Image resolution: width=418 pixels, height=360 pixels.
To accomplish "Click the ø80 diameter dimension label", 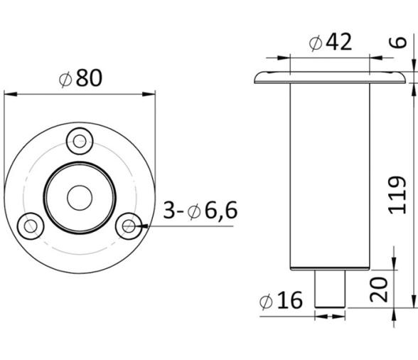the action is [x=80, y=78].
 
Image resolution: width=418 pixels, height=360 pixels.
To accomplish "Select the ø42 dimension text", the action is [x=331, y=42].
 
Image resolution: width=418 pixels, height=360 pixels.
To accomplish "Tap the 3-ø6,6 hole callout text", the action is [x=200, y=211].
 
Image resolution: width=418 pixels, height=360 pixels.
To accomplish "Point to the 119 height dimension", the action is [x=397, y=195].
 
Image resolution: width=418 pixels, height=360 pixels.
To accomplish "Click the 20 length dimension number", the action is [x=378, y=290].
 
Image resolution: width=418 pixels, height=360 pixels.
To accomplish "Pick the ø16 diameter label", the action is [x=281, y=300].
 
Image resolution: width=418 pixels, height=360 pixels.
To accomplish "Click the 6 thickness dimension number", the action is [x=398, y=43].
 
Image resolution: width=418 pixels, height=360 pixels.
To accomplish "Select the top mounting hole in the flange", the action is [x=80, y=141].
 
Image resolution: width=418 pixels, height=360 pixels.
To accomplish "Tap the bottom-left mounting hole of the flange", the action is [x=31, y=226].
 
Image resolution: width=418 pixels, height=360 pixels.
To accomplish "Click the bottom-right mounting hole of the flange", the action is [x=129, y=226].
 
